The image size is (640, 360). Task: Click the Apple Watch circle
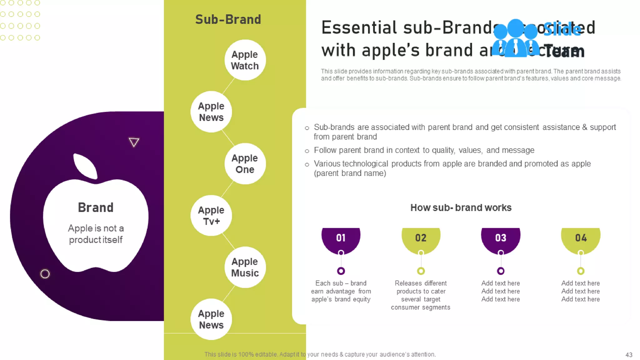[x=245, y=60]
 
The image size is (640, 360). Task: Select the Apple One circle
[x=245, y=164]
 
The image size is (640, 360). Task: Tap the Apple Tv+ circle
[x=211, y=216]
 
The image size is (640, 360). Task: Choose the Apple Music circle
[x=245, y=267]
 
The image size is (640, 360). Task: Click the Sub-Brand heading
[x=228, y=19]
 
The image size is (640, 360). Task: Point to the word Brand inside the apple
[x=96, y=207]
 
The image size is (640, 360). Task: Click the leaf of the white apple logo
[x=85, y=166]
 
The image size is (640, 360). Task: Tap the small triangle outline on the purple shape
[x=134, y=142]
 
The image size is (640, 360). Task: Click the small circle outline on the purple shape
[x=45, y=274]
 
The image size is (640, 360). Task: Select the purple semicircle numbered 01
[x=341, y=239]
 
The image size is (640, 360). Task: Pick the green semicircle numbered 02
[x=421, y=239]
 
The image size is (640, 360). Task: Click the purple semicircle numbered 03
[x=501, y=239]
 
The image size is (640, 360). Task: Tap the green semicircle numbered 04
[x=581, y=239]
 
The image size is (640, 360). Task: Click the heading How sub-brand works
[x=461, y=208]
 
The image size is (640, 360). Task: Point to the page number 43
[x=629, y=355]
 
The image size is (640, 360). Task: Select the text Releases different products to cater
[x=421, y=287]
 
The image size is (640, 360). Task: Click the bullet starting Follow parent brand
[x=424, y=150]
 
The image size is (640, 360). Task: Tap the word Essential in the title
[x=359, y=27]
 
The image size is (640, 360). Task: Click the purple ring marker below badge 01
[x=341, y=271]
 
